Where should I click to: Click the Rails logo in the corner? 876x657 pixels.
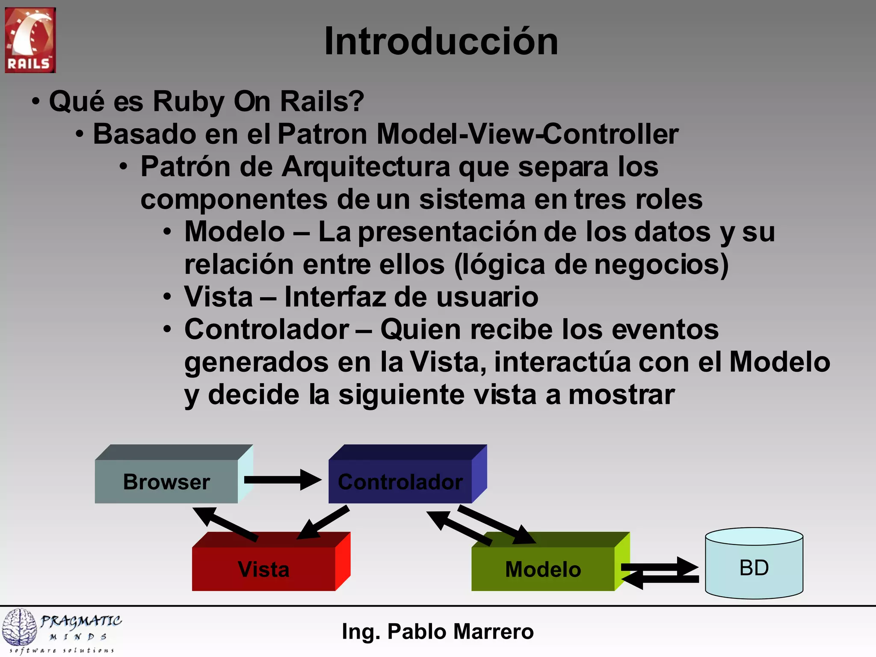click(30, 40)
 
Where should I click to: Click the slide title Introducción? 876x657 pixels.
click(441, 41)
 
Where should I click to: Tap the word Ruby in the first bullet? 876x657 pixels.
click(189, 102)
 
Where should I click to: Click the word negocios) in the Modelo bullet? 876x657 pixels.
click(661, 264)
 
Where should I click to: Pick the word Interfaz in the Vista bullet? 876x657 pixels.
click(334, 297)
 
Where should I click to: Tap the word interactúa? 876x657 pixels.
click(562, 362)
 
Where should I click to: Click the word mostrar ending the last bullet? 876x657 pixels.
click(621, 394)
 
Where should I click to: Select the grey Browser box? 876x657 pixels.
click(166, 482)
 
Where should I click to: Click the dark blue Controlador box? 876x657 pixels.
click(400, 482)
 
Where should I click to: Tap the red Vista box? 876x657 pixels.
click(263, 569)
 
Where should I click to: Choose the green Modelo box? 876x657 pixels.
click(543, 569)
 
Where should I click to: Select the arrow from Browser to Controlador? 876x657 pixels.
click(282, 480)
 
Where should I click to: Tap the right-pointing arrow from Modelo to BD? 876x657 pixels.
click(661, 567)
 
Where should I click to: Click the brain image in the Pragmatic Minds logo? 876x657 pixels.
click(19, 627)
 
